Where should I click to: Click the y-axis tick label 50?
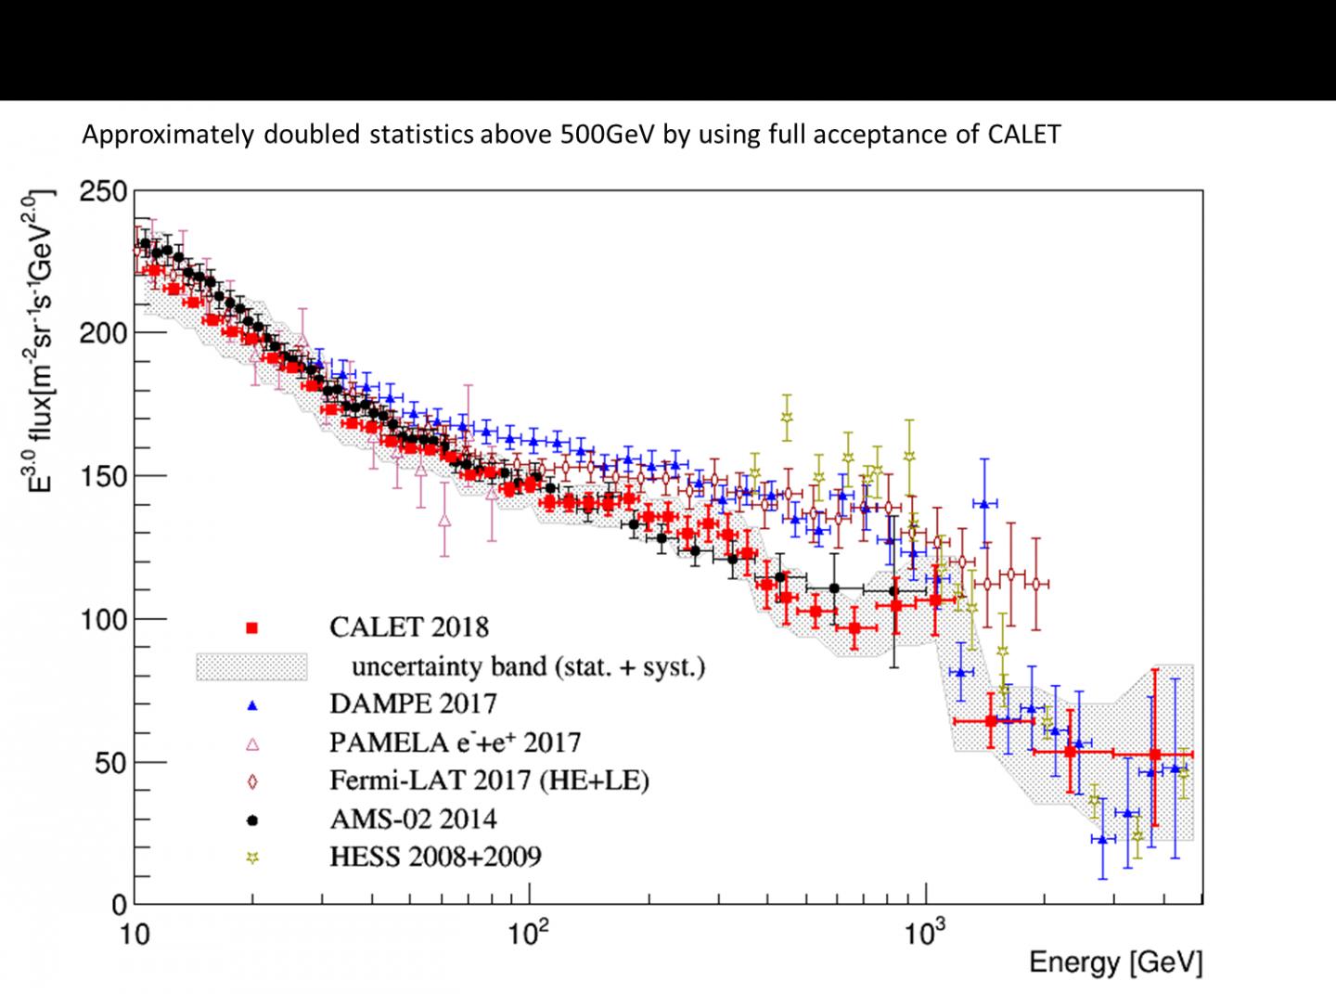coord(109,763)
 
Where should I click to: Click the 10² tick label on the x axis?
coord(531,931)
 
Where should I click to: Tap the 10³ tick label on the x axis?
coord(924,931)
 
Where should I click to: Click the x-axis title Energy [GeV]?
coord(1115,963)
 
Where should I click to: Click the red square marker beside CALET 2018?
coord(251,628)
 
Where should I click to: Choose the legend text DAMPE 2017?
coord(413,704)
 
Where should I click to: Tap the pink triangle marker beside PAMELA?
coord(251,743)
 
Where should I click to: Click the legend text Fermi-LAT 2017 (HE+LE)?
coord(489,781)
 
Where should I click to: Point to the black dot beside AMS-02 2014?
coord(251,820)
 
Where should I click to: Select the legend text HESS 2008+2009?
coord(435,856)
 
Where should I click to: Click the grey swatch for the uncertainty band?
coord(250,666)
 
